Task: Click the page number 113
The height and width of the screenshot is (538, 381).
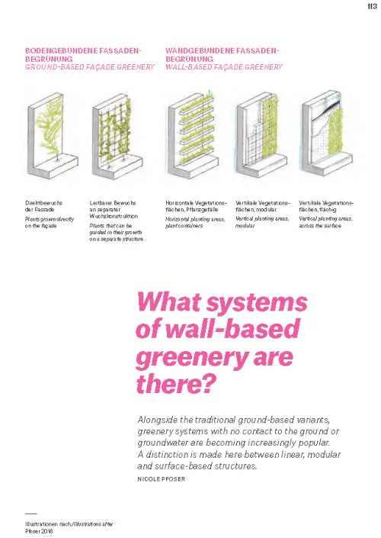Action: click(372, 7)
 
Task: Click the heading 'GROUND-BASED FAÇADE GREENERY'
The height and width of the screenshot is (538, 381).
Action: click(90, 67)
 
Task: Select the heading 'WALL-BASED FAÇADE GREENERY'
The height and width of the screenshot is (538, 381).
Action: click(224, 67)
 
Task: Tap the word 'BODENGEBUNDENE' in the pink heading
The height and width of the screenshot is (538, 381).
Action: click(61, 51)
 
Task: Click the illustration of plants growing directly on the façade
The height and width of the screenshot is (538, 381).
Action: click(53, 136)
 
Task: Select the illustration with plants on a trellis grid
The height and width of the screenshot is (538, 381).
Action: click(117, 136)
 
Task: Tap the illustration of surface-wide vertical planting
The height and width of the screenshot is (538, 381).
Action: click(327, 133)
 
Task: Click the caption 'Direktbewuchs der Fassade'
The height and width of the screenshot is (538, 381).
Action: click(44, 206)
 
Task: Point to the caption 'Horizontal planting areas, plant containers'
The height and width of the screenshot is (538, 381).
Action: click(195, 222)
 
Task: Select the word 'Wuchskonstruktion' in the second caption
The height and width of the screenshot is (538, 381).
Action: click(114, 216)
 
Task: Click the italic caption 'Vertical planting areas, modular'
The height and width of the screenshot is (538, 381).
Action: click(262, 222)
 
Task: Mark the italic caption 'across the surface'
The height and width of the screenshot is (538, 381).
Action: click(320, 226)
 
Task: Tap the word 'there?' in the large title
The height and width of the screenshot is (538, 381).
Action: click(177, 384)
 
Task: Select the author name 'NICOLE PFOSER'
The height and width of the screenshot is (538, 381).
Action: click(162, 479)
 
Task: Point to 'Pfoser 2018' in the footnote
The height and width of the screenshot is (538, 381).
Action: click(39, 531)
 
